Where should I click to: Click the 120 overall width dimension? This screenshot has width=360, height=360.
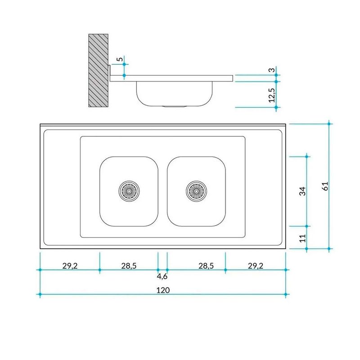[x=163, y=290]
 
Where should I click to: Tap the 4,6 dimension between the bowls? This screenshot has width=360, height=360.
[x=162, y=276]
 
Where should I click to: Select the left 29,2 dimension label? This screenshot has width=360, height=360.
[x=70, y=266]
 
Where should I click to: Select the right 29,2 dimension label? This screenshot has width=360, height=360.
[x=256, y=266]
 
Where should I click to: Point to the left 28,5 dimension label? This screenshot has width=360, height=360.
[x=129, y=266]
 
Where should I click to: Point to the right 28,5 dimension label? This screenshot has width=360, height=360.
[x=206, y=266]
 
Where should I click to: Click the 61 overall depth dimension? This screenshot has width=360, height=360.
[x=325, y=186]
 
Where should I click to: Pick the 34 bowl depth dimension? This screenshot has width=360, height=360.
[x=302, y=191]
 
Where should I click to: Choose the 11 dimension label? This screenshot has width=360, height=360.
[x=303, y=238]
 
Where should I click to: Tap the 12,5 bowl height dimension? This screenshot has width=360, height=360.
[x=272, y=95]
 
